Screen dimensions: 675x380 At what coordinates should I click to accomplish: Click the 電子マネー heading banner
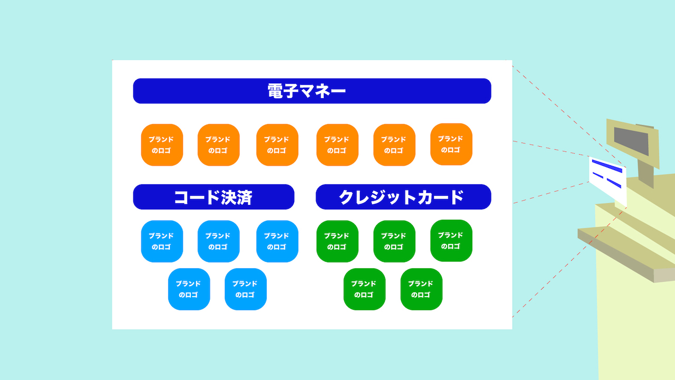(312, 91)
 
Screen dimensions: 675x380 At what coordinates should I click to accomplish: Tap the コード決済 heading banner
(214, 197)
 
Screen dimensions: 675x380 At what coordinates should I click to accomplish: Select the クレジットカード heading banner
(403, 197)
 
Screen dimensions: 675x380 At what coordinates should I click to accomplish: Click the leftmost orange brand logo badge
(162, 145)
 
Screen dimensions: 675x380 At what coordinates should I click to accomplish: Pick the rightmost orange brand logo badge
(451, 144)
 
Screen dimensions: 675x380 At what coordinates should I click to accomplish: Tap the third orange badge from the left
(277, 145)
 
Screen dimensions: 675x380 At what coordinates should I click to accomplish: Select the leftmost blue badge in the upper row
(162, 241)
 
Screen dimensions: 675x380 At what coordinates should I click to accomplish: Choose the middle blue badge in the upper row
(219, 241)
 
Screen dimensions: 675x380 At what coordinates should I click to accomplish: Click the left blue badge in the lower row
(189, 289)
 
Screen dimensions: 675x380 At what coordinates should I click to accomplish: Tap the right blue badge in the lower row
(246, 289)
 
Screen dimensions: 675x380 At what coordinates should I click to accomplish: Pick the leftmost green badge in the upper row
(337, 241)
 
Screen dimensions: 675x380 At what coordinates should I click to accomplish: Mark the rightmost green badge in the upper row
(451, 241)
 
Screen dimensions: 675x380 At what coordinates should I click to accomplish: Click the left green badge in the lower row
(364, 289)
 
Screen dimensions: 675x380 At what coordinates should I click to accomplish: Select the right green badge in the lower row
(421, 289)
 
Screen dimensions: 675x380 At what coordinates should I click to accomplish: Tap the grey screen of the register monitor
(631, 141)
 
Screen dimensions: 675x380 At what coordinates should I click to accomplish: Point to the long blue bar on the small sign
(607, 166)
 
